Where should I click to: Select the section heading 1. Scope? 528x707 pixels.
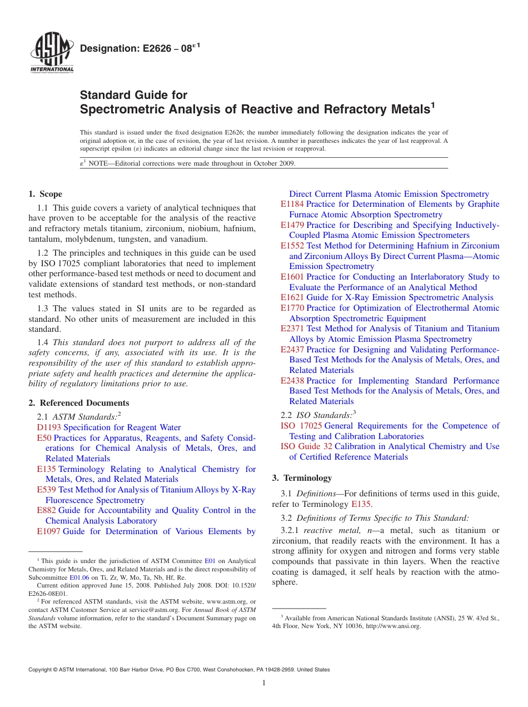point(46,194)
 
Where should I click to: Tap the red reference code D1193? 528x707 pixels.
point(49,427)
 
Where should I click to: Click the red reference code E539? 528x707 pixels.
point(47,490)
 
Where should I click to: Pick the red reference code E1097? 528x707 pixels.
point(49,531)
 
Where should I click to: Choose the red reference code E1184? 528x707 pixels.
point(292,204)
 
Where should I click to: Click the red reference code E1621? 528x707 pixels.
point(292,297)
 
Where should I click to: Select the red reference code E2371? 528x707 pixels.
point(292,328)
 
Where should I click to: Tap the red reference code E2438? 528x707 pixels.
point(292,381)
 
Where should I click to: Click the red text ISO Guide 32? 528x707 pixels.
point(306,446)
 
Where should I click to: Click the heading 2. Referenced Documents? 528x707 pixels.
point(79,403)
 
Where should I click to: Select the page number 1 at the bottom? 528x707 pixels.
point(264,683)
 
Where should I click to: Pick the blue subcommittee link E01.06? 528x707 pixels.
point(79,577)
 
